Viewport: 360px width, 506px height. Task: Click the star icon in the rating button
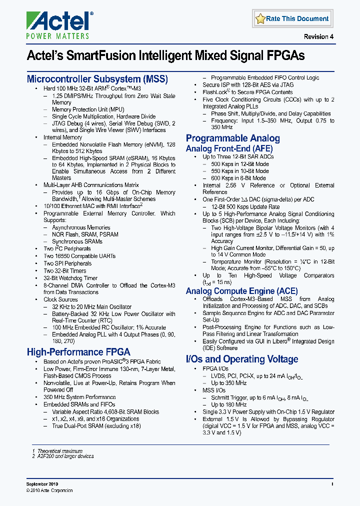click(260, 19)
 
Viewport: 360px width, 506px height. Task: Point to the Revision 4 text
click(318, 37)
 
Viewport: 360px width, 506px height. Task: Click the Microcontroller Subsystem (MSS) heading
click(97, 79)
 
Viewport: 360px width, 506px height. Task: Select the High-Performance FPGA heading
click(78, 351)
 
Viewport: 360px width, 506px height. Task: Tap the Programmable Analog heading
click(232, 138)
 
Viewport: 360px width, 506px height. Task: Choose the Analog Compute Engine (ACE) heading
click(241, 291)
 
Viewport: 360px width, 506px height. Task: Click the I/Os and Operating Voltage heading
click(242, 359)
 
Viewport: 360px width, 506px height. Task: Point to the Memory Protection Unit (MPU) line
click(88, 109)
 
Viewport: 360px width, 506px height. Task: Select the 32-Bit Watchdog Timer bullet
click(70, 278)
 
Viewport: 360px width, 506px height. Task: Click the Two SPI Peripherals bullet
click(67, 263)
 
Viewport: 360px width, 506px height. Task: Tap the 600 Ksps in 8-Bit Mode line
click(238, 178)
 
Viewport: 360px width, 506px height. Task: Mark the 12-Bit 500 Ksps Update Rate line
click(245, 206)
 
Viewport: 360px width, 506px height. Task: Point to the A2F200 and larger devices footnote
click(63, 456)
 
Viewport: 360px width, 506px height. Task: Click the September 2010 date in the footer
click(42, 484)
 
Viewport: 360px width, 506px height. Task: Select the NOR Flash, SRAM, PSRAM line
click(85, 234)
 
